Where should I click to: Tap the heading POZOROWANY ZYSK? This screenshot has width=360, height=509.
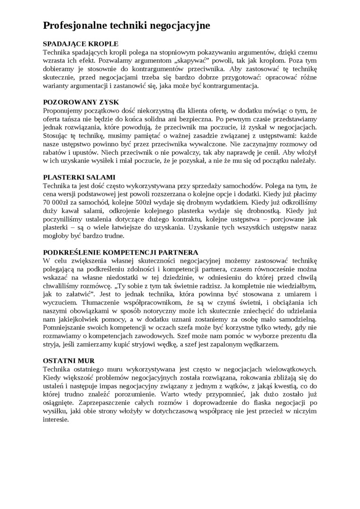click(x=81, y=102)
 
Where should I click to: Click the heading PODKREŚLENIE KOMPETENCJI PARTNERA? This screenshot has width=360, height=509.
click(x=121, y=252)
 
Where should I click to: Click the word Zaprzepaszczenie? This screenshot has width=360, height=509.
click(x=70, y=402)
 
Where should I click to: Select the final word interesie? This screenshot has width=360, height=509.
click(x=56, y=420)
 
